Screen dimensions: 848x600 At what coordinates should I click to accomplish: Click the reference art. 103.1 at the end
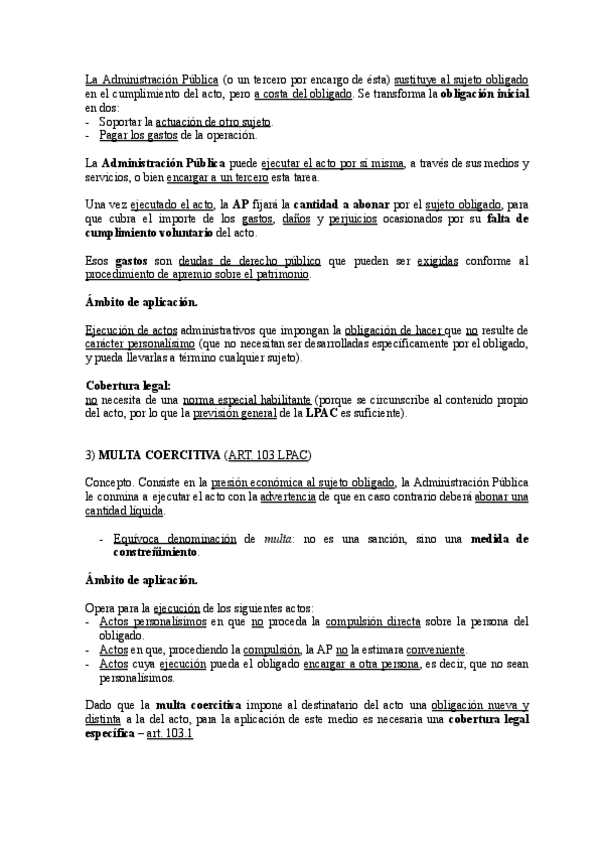[x=169, y=733]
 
